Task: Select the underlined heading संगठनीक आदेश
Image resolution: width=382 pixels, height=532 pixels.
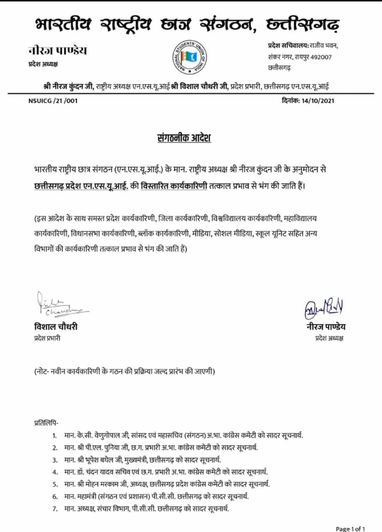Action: click(x=181, y=138)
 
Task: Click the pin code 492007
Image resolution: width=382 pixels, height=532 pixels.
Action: click(x=320, y=57)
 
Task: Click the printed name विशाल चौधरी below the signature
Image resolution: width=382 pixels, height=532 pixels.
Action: click(x=56, y=327)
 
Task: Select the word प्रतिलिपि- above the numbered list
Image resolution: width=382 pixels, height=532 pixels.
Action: click(x=46, y=423)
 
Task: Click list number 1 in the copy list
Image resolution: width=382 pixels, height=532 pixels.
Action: click(x=54, y=436)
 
